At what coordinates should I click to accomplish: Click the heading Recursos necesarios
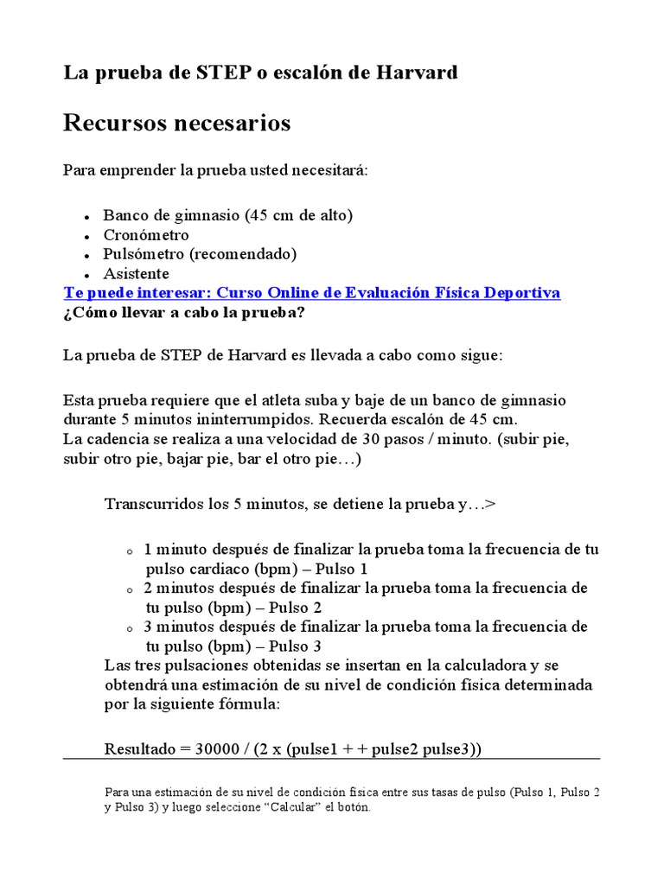(x=177, y=124)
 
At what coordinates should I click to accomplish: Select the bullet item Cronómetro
(x=146, y=235)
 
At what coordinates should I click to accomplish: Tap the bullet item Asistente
(x=137, y=273)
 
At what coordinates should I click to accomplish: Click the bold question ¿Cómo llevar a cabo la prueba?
(x=184, y=312)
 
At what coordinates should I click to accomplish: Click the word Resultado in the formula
(x=140, y=749)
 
